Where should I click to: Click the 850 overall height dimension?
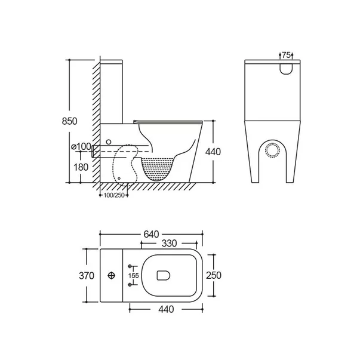tap(70, 121)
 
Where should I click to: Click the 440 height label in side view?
tap(213, 152)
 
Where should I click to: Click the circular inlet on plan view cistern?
tap(111, 276)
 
